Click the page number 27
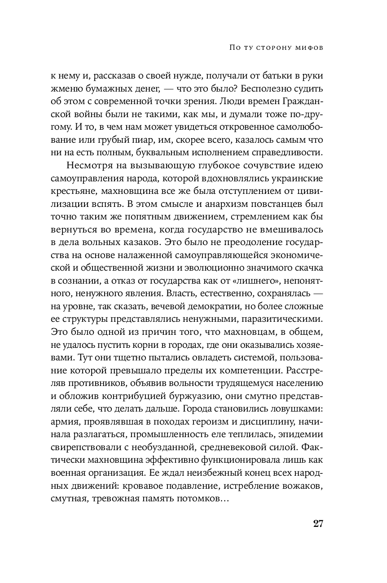(x=317, y=523)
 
